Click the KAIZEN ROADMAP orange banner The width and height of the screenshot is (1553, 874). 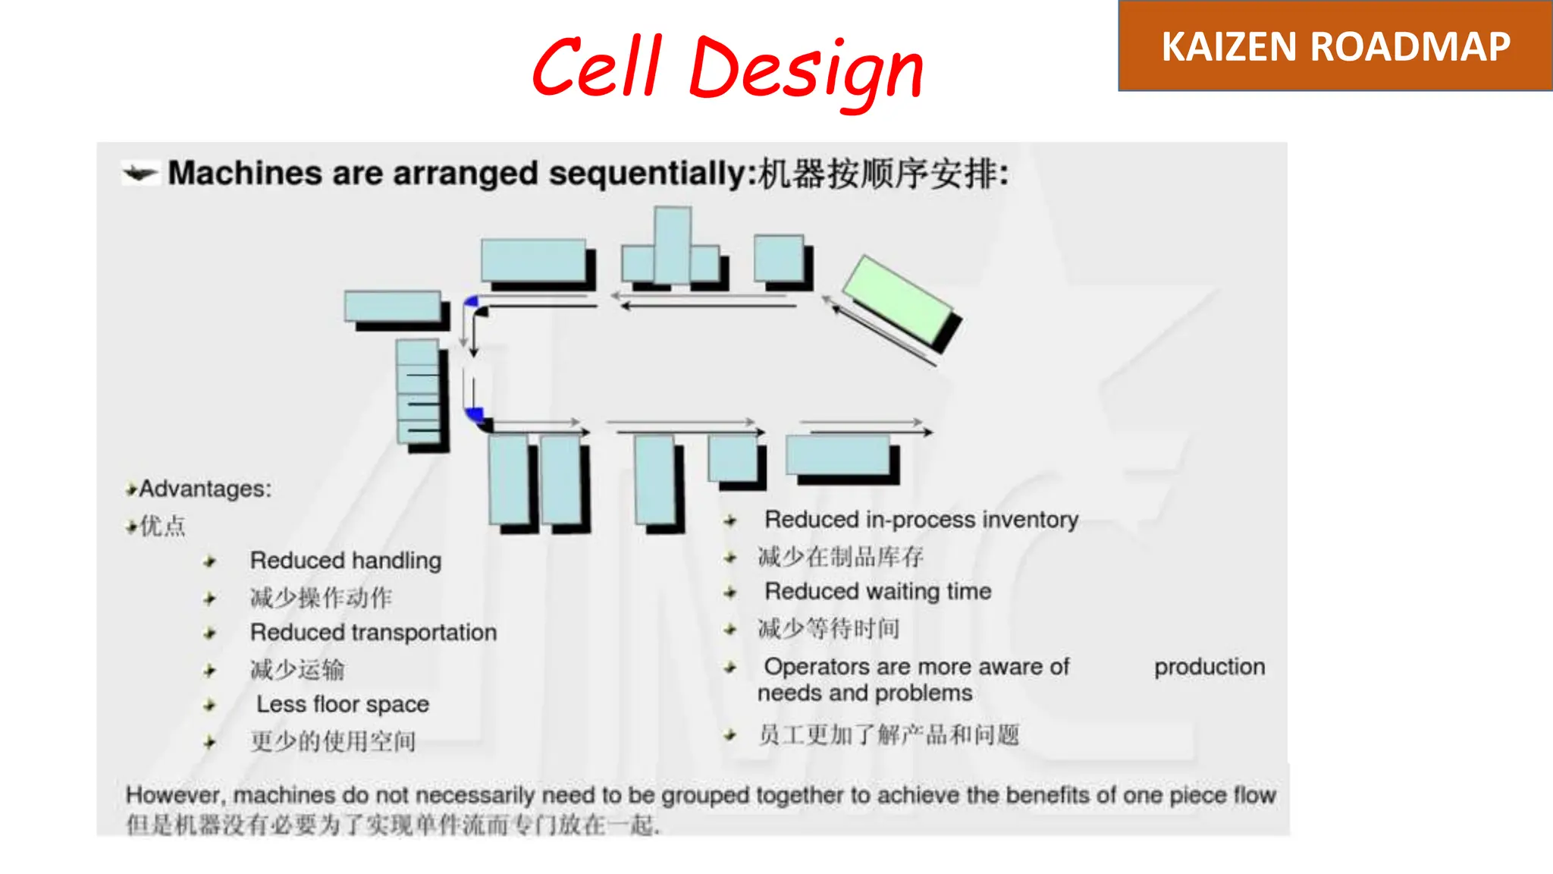pos(1335,46)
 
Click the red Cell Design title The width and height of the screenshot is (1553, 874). pos(728,68)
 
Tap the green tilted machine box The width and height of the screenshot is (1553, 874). pos(899,301)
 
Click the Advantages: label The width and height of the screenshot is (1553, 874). pos(205,489)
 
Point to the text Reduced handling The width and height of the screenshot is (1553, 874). pos(346,561)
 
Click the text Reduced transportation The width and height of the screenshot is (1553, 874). pos(373,632)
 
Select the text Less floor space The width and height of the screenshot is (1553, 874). pos(343,704)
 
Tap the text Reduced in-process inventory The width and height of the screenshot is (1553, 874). pos(921,520)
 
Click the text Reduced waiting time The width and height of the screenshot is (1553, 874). pos(877,591)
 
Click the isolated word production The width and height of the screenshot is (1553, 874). pos(1209,667)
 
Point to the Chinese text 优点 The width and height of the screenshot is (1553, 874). pos(162,525)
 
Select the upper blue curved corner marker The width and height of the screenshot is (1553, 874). pos(472,301)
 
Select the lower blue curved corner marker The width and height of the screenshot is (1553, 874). pos(475,414)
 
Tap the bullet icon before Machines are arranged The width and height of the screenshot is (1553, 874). pos(140,174)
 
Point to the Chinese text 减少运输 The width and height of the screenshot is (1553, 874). pos(297,669)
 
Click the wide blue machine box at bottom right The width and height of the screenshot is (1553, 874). pos(838,455)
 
